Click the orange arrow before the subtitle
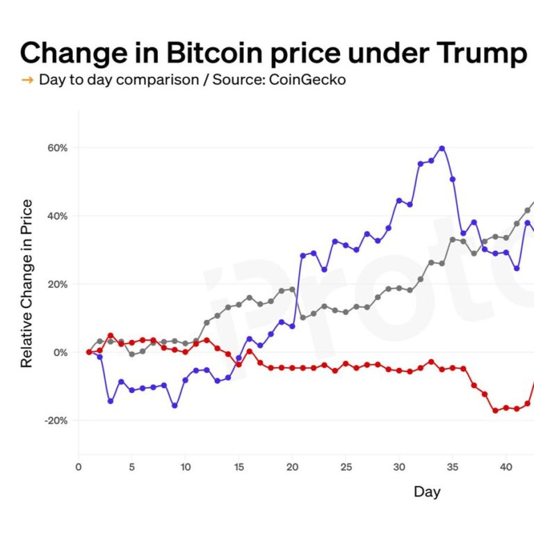click(x=27, y=80)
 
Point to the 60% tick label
click(x=57, y=148)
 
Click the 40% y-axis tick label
click(x=57, y=216)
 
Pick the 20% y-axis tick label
click(x=57, y=284)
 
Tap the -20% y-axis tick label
click(x=56, y=421)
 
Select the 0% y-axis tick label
click(x=60, y=353)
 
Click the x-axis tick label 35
click(x=452, y=467)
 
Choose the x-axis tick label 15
click(x=238, y=467)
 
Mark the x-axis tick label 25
click(x=346, y=467)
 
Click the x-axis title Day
click(x=427, y=492)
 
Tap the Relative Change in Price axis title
click(x=27, y=283)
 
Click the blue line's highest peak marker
click(x=442, y=148)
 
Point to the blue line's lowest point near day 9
click(x=175, y=405)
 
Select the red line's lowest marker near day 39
click(x=495, y=411)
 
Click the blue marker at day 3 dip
click(x=111, y=401)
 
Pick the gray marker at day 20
click(x=292, y=289)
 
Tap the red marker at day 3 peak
click(x=111, y=336)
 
